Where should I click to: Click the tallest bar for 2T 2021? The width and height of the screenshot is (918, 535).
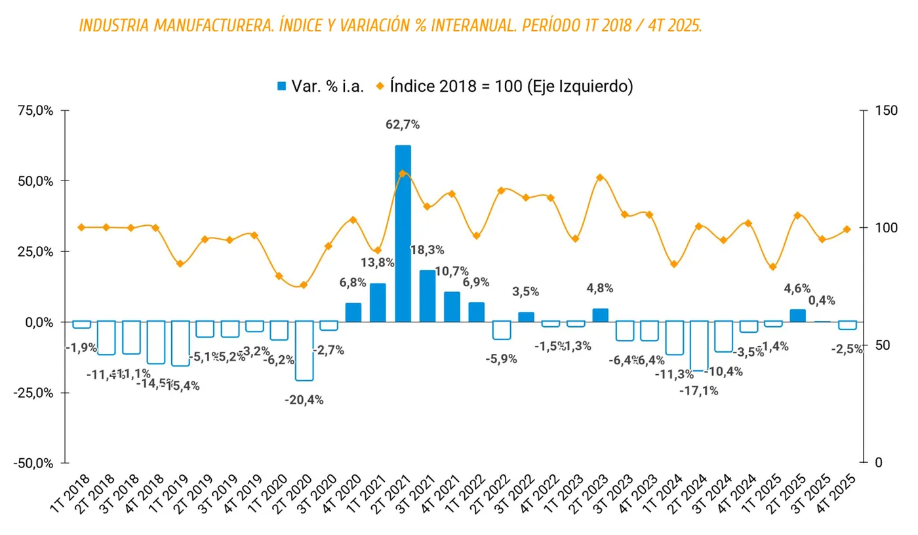[x=403, y=233]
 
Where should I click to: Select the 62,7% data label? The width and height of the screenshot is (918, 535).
[x=403, y=125]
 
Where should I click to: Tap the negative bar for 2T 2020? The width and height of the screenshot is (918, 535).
[x=304, y=351]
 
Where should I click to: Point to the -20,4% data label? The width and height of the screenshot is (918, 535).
[x=304, y=400]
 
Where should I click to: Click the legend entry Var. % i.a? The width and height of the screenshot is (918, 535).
[x=320, y=87]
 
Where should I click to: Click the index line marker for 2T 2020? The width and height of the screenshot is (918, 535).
[x=304, y=285]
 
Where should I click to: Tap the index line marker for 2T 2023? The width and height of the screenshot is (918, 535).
[x=600, y=178]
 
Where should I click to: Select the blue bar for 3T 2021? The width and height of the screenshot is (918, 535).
[x=428, y=296]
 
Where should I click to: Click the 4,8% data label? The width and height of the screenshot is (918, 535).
[x=600, y=288]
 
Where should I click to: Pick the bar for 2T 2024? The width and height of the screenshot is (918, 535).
[x=699, y=346]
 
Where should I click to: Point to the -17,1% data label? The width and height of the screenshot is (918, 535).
[x=699, y=391]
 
